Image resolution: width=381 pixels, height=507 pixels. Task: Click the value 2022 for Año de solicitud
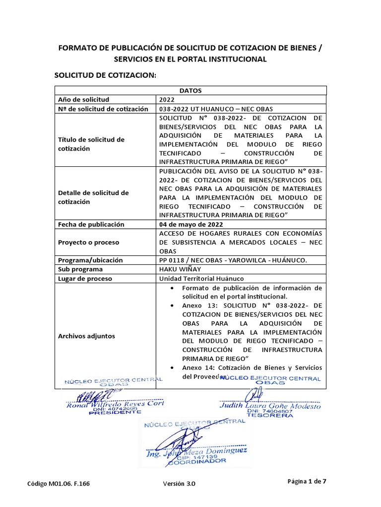pyautogui.click(x=167, y=100)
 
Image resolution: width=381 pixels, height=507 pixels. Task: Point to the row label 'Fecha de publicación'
pyautogui.click(x=91, y=224)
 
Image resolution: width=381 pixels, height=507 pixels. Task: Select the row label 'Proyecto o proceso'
pyautogui.click(x=89, y=243)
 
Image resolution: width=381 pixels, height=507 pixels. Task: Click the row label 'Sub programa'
pyautogui.click(x=80, y=269)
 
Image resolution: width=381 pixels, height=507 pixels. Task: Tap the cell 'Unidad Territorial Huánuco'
pyautogui.click(x=201, y=279)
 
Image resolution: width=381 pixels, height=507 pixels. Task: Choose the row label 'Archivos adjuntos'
pyautogui.click(x=86, y=336)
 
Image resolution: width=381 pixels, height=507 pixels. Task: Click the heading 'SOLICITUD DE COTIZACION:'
pyautogui.click(x=105, y=75)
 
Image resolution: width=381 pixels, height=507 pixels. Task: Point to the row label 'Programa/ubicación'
pyautogui.click(x=90, y=260)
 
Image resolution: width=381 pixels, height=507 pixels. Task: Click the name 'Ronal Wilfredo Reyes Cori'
pyautogui.click(x=115, y=404)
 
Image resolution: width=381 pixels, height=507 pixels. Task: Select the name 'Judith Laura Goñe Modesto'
pyautogui.click(x=270, y=406)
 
